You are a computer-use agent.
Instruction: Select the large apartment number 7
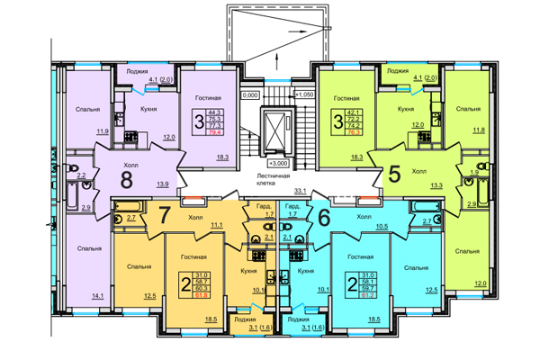pos(165,217)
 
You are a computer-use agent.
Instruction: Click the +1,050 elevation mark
pos(305,94)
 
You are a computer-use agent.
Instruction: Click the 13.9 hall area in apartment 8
pos(163,184)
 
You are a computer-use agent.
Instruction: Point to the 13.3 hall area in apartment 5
pos(436,184)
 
